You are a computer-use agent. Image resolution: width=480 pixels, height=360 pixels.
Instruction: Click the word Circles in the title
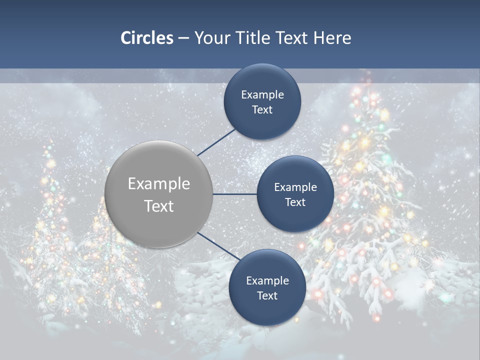click(x=146, y=38)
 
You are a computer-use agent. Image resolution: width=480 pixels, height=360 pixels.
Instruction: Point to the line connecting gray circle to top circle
click(x=216, y=142)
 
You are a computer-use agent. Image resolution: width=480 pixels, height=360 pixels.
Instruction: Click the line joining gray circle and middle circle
click(x=234, y=194)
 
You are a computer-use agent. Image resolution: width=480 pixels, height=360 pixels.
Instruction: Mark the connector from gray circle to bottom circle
click(x=219, y=245)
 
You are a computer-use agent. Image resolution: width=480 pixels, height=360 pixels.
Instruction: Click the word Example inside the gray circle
click(x=159, y=184)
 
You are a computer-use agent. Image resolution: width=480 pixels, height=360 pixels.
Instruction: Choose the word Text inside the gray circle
click(x=159, y=206)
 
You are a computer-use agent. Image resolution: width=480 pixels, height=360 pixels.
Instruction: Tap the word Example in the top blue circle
click(x=262, y=95)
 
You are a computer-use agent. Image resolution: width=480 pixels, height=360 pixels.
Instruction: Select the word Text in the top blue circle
click(x=262, y=110)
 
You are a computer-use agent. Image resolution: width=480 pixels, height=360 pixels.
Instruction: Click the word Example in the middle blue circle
click(x=295, y=187)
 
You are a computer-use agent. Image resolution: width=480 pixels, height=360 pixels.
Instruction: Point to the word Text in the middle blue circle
click(x=295, y=202)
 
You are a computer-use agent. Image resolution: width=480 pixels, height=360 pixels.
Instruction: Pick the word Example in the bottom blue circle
click(x=267, y=281)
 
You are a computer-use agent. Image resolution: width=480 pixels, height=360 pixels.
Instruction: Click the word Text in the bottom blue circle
click(x=267, y=296)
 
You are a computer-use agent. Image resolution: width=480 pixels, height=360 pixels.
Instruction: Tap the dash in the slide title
click(x=183, y=38)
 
